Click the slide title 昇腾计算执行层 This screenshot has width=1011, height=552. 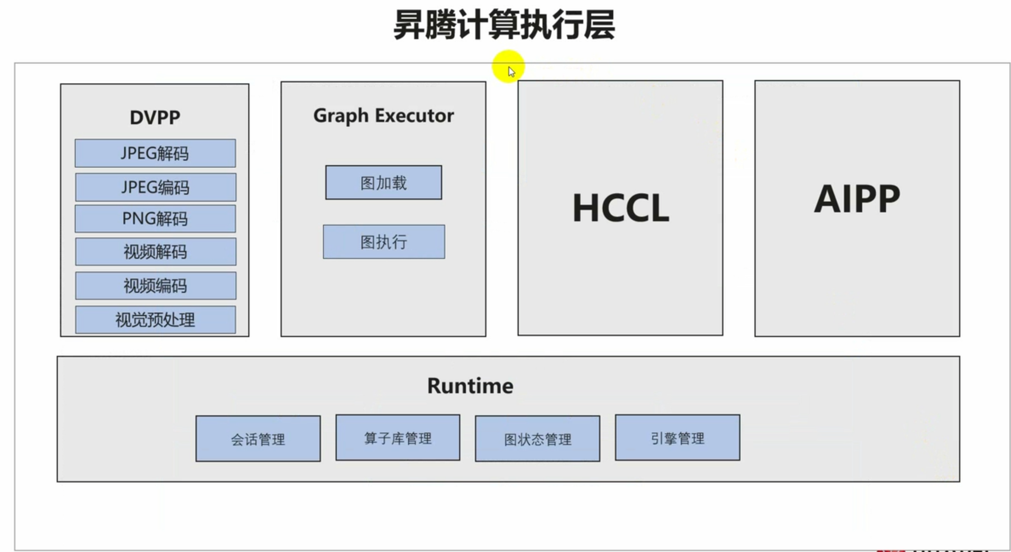(504, 25)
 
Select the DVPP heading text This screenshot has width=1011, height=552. (155, 117)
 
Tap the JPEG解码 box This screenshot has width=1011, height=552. (155, 153)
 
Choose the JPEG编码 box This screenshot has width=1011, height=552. (156, 187)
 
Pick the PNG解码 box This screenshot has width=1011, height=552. (155, 219)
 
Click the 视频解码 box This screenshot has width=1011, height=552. (156, 252)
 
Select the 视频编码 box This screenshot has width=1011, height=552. (156, 286)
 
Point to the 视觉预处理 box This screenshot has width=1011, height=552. (156, 320)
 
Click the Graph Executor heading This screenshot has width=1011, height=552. (383, 116)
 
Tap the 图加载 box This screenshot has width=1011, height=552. (383, 183)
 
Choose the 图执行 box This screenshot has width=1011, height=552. (384, 242)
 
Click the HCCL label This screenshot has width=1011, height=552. (621, 208)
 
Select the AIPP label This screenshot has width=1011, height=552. (857, 199)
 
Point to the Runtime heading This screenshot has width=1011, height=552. (470, 386)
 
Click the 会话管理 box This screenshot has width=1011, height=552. (258, 439)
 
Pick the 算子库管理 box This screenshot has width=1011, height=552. (398, 438)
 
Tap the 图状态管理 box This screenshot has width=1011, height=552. (537, 439)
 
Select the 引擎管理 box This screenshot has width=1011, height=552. (677, 438)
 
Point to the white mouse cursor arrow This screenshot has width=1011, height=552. (511, 72)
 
